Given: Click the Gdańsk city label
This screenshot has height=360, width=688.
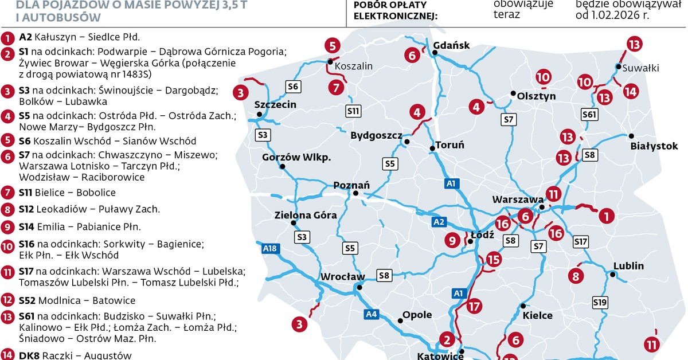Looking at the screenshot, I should [452, 45].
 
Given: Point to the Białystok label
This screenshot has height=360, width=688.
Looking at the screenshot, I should [654, 146].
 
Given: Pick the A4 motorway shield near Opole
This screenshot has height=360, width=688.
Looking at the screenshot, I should [372, 314].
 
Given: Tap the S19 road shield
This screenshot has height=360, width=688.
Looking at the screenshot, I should [600, 302].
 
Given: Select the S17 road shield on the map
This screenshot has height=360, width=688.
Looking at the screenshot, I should [581, 242].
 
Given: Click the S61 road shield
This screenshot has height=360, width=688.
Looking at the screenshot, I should [589, 115].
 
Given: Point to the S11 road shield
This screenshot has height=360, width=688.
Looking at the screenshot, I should [353, 110].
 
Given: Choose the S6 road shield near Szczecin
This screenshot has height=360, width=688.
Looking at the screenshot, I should [293, 86].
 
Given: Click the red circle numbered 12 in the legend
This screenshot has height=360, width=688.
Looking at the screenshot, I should [8, 300].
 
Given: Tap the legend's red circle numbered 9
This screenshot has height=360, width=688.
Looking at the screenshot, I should [8, 227].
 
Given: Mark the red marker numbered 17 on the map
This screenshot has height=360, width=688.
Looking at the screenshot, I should [474, 306].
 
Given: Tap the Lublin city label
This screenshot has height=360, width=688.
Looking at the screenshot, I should [628, 266].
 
